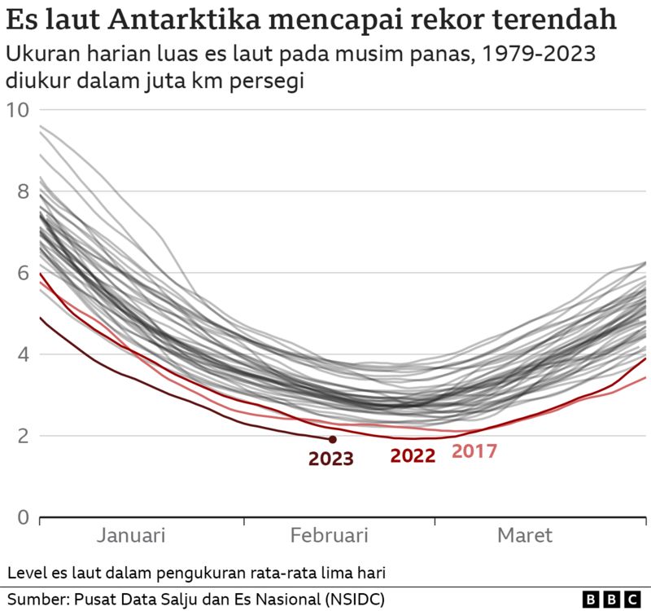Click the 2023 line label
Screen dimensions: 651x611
pos(331,459)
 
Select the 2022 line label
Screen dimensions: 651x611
pos(413,455)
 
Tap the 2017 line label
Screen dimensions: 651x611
pos(474,451)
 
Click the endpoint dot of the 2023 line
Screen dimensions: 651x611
pos(332,439)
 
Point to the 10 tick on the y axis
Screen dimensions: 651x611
pos(18,110)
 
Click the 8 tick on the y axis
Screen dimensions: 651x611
pos(24,191)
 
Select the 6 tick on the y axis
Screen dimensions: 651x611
pos(24,273)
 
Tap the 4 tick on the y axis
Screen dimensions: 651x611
pos(24,354)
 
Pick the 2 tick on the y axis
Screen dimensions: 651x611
pos(24,436)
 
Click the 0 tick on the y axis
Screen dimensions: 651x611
pos(24,517)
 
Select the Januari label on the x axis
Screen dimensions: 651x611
pos(131,535)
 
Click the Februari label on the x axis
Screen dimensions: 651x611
pos(330,535)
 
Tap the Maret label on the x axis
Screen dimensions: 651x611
pos(525,535)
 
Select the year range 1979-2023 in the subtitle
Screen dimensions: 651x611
pos(539,54)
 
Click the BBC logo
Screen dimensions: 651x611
pos(611,600)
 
